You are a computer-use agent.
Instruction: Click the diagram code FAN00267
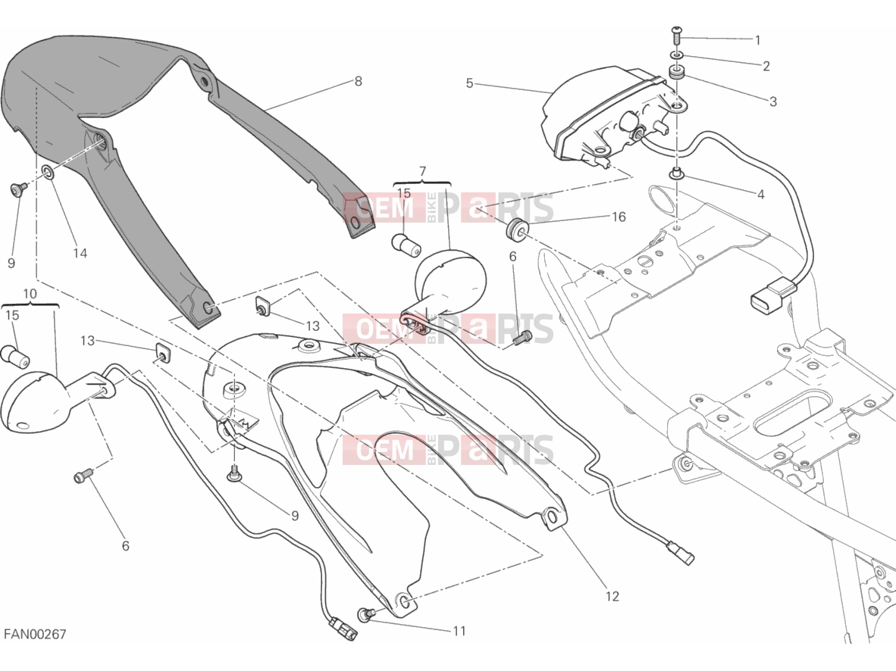(x=36, y=635)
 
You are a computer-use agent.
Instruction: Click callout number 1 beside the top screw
(x=758, y=40)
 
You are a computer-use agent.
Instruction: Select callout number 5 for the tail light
(x=469, y=83)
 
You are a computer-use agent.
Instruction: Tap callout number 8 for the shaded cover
(x=359, y=81)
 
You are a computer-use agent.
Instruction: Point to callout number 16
(x=619, y=217)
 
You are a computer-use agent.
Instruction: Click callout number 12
(x=612, y=596)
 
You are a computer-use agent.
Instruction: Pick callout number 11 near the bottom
(x=459, y=631)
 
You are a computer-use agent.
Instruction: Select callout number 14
(x=80, y=253)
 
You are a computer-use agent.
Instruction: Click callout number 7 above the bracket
(x=422, y=171)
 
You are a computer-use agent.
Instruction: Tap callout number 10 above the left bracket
(x=30, y=294)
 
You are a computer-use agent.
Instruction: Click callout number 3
(x=773, y=101)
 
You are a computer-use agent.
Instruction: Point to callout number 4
(x=760, y=194)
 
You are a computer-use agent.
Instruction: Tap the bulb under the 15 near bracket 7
(x=406, y=244)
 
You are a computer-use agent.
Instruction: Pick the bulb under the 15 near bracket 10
(x=16, y=357)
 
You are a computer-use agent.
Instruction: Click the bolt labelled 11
(x=365, y=614)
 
